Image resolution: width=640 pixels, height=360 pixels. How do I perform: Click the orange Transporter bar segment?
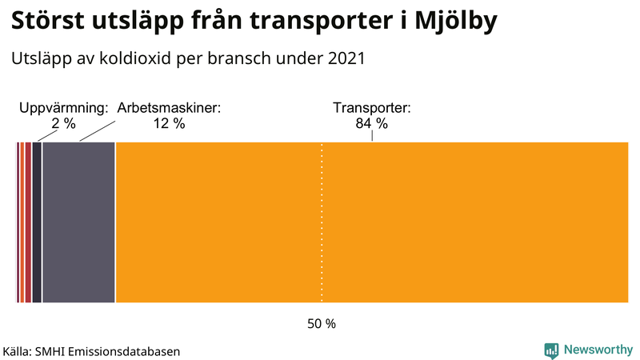pyautogui.click(x=448, y=222)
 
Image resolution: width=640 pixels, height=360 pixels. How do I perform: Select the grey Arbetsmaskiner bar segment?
pyautogui.click(x=78, y=222)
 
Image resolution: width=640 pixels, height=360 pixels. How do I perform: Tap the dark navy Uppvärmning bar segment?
pyautogui.click(x=37, y=222)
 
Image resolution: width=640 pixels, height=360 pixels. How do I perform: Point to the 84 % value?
pyautogui.click(x=371, y=124)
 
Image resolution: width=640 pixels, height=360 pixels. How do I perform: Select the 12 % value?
pyautogui.click(x=168, y=124)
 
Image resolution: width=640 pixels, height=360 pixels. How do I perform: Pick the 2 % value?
pyautogui.click(x=63, y=124)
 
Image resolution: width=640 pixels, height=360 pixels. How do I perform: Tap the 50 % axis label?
pyautogui.click(x=322, y=324)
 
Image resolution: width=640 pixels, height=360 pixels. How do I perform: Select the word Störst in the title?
pyautogui.click(x=47, y=22)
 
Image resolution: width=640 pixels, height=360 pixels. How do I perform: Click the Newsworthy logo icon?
pyautogui.click(x=551, y=350)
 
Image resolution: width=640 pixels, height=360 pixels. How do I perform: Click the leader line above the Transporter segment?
pyautogui.click(x=372, y=137)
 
